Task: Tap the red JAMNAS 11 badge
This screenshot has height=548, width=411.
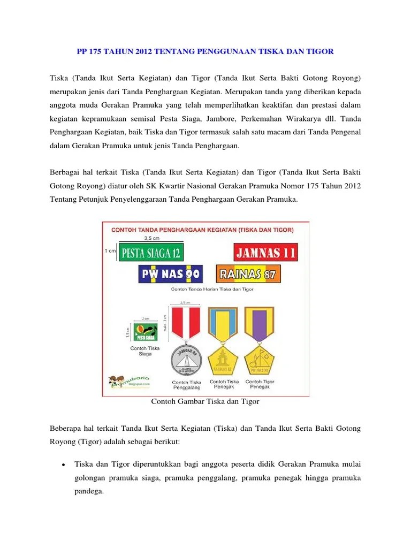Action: pos(266,253)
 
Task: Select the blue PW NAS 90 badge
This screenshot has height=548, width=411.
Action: pos(170,275)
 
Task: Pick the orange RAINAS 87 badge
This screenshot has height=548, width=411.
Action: pos(248,274)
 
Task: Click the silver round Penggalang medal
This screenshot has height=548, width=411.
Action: pos(185,359)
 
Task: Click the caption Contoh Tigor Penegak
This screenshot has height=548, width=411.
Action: pos(260,384)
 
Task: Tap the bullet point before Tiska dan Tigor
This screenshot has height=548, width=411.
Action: pos(64,464)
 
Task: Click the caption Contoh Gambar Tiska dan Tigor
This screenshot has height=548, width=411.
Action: pos(205,401)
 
